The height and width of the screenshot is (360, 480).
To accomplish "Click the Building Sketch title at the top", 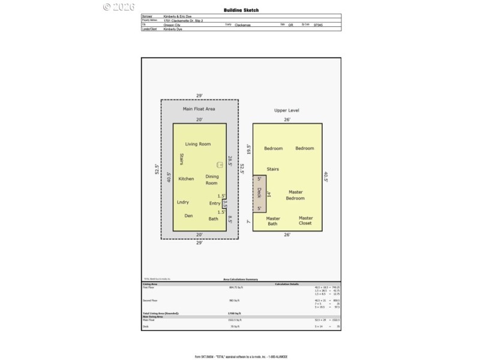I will (x=241, y=10).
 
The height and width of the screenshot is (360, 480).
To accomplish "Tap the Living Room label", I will (x=198, y=144).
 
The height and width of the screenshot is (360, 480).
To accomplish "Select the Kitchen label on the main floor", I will (x=187, y=179).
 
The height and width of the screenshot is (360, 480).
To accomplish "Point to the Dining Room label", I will (x=212, y=179).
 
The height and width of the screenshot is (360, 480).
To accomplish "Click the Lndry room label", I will (x=183, y=202).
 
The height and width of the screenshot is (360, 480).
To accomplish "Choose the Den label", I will (x=188, y=215).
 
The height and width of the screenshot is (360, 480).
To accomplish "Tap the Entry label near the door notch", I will (x=215, y=203).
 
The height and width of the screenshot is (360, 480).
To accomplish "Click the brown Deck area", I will (x=259, y=193).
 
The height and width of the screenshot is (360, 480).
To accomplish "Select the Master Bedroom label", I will (x=295, y=195).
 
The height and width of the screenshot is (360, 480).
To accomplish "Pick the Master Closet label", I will (x=306, y=221).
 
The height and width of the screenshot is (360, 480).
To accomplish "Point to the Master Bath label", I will (x=273, y=221).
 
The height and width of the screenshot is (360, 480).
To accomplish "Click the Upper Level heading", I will (x=287, y=110).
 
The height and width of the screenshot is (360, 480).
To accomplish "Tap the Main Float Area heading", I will (x=199, y=109).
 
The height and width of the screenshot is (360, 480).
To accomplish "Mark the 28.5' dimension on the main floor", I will (x=229, y=161).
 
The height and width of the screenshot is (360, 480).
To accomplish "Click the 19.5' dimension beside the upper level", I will (x=248, y=148).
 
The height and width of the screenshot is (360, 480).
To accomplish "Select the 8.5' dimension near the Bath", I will (x=229, y=220).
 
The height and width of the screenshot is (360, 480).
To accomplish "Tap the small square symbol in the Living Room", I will (x=220, y=164).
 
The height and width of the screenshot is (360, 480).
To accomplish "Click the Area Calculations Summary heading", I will (x=241, y=280).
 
